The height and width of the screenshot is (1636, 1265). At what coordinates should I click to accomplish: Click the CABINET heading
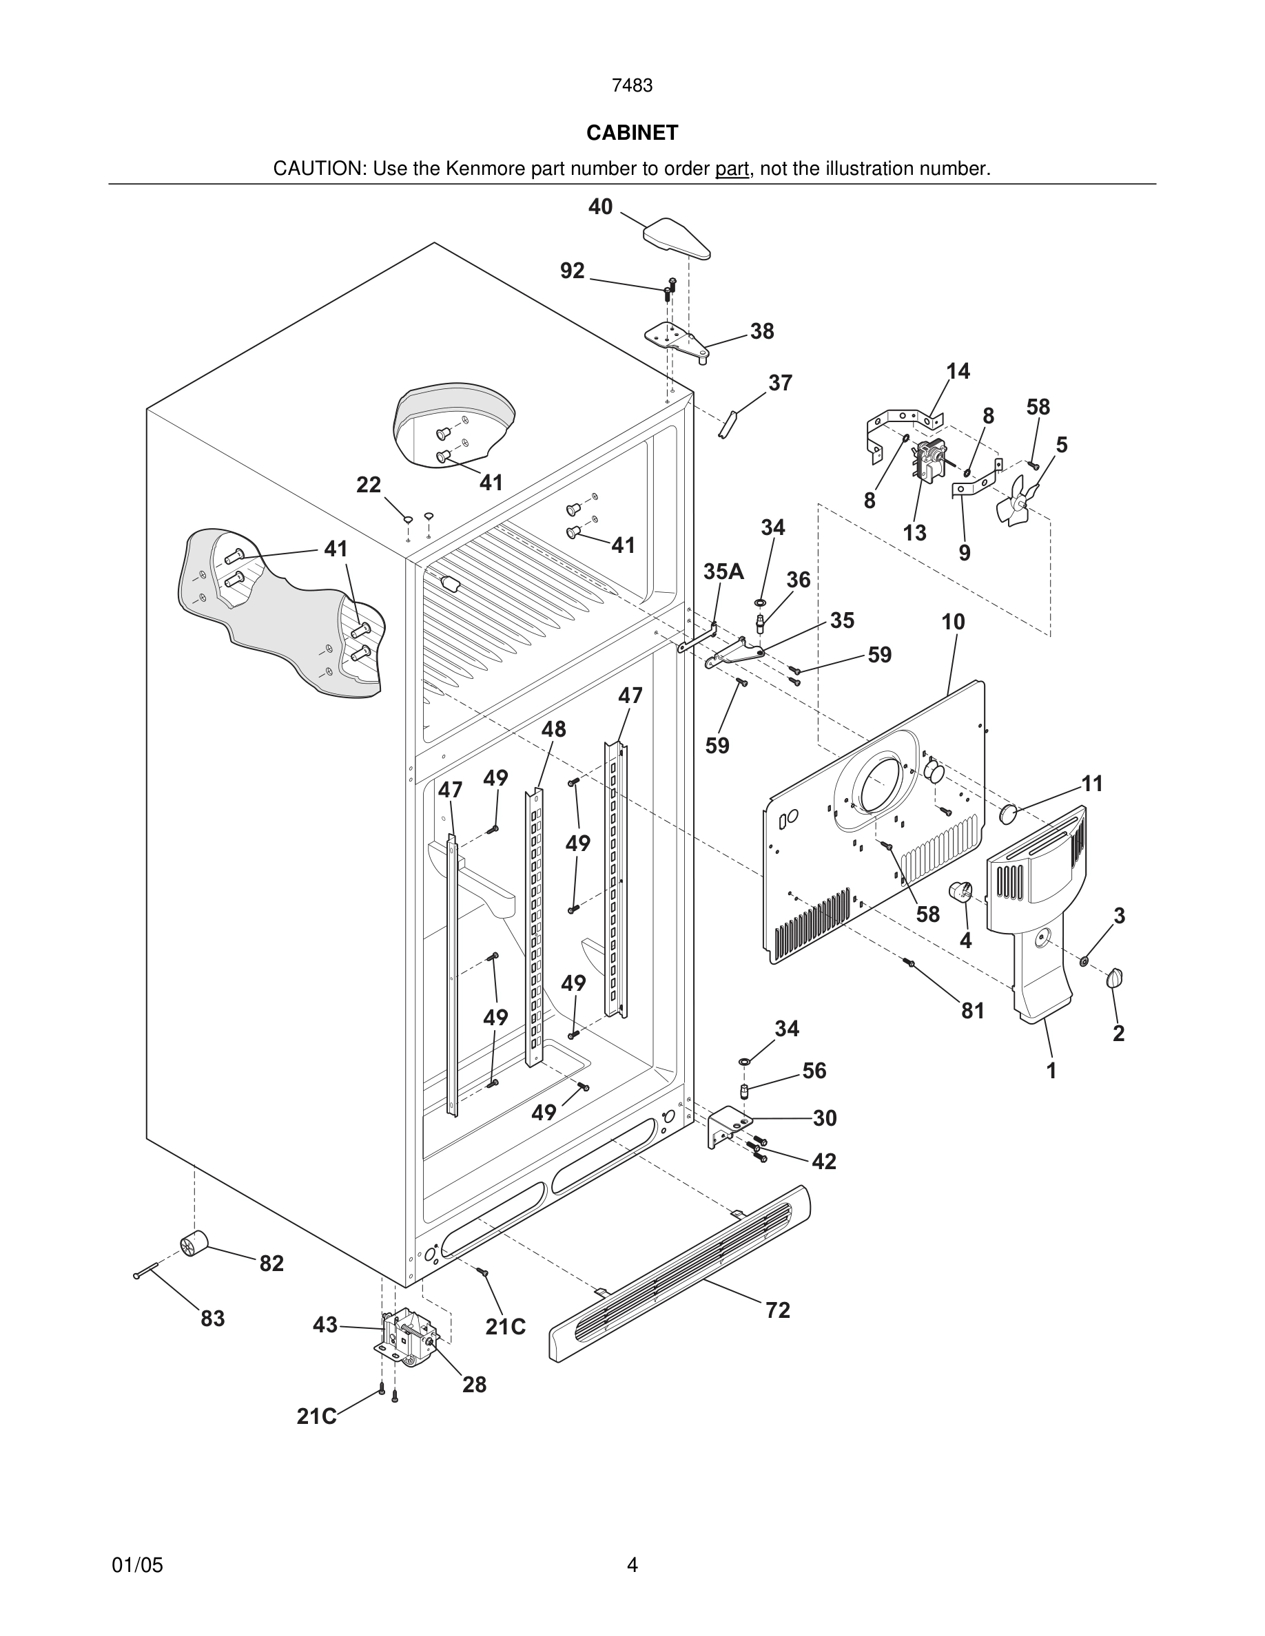(x=632, y=133)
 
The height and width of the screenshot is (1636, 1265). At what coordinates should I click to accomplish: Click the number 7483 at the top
(x=632, y=86)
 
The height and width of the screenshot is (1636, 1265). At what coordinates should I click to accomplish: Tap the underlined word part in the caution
(x=732, y=169)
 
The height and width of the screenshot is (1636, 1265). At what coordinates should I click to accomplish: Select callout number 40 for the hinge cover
(x=600, y=207)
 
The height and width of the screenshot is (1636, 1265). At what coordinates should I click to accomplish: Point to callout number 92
(x=573, y=271)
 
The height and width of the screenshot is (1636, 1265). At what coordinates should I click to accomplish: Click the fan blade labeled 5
(x=1015, y=503)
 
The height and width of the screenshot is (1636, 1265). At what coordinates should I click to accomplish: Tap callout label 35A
(x=723, y=571)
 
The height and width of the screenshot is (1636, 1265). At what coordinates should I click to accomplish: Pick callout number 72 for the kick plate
(x=777, y=1310)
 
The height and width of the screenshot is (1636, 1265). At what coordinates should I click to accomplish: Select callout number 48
(x=553, y=729)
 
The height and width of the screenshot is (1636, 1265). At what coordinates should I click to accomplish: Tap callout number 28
(x=473, y=1384)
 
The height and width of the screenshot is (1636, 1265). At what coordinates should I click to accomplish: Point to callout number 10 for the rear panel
(x=954, y=622)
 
